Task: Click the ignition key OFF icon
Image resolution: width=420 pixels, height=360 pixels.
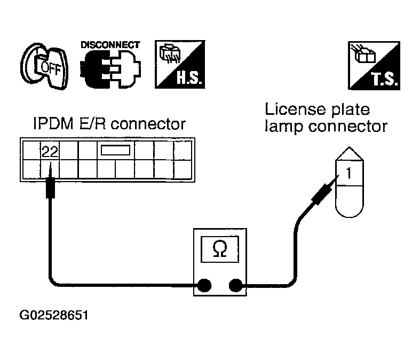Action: [x=44, y=66]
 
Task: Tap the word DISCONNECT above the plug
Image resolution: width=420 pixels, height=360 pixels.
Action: [x=110, y=45]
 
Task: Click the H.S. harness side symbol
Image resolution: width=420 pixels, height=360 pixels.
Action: [x=180, y=64]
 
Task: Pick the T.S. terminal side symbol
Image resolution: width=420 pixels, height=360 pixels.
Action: [x=374, y=66]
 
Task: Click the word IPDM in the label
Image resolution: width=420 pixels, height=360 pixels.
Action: [x=53, y=124]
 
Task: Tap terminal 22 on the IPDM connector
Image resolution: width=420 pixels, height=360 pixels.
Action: [x=50, y=152]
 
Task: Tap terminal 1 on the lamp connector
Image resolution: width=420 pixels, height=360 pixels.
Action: [x=348, y=173]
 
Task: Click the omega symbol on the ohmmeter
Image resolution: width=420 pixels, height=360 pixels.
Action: [x=220, y=249]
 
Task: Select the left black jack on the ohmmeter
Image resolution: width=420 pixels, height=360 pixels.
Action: [x=204, y=285]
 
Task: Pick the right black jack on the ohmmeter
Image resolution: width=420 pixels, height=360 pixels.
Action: [x=236, y=285]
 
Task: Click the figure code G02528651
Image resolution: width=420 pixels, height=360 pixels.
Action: [x=54, y=315]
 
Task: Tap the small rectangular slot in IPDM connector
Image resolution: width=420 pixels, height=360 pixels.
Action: [x=115, y=150]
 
